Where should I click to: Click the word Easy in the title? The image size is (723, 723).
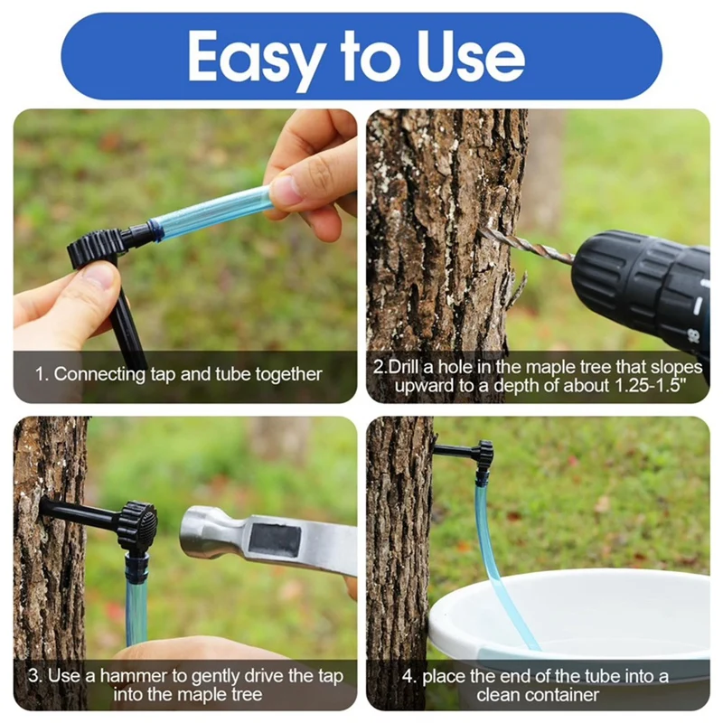(x=255, y=58)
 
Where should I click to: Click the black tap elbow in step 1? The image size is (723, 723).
(x=99, y=246)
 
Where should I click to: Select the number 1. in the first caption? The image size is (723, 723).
(x=42, y=374)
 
